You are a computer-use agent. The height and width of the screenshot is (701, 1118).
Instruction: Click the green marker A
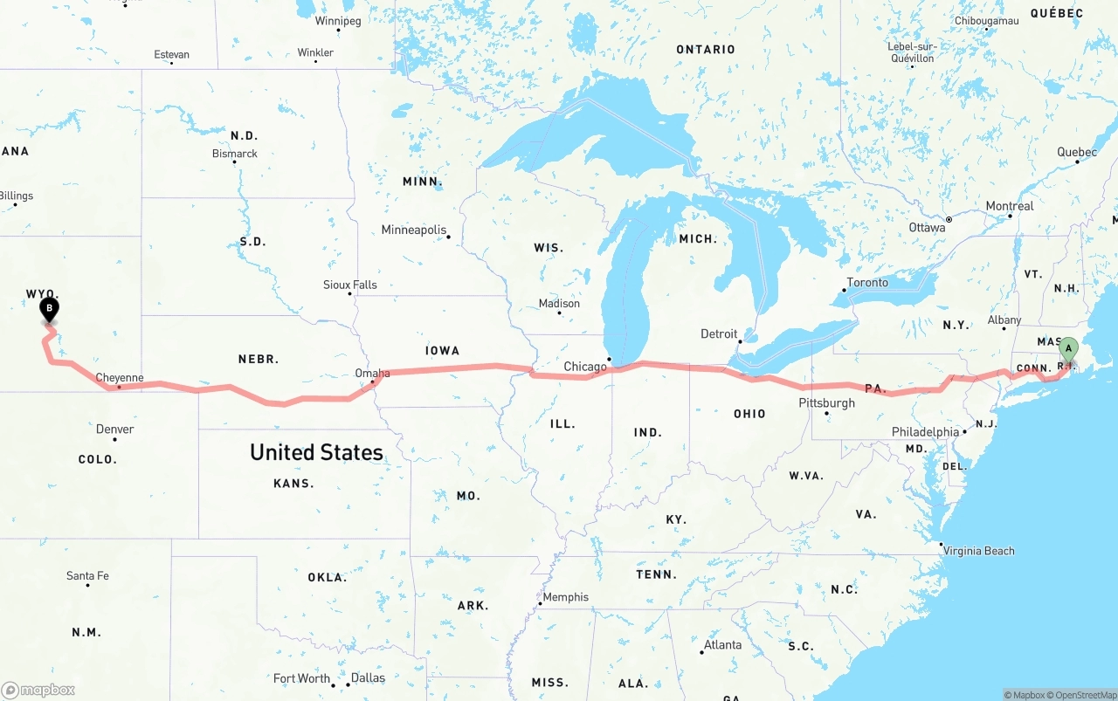coord(1067,349)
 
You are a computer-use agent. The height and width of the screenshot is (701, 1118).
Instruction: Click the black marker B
coord(50,309)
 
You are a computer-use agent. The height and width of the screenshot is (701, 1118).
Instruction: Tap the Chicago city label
coord(584,367)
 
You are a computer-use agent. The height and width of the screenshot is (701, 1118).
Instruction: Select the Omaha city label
coord(372,374)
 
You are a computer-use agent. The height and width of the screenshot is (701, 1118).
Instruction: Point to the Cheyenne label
coord(119,378)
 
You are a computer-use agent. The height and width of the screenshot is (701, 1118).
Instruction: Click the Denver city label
coord(114,430)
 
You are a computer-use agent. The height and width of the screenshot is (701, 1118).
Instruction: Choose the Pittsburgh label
coord(826,403)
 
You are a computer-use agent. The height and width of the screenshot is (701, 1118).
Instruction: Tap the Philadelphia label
coord(925,432)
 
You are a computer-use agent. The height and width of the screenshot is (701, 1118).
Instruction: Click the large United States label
coord(316,452)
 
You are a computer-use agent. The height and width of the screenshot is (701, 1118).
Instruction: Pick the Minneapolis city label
coord(414,230)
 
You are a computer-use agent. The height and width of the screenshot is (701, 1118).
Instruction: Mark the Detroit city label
coord(719,334)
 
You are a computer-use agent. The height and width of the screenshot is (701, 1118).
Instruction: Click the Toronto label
coord(867,283)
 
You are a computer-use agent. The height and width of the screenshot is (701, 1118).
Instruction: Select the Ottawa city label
coord(927,228)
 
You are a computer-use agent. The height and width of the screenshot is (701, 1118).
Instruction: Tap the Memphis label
coord(566,598)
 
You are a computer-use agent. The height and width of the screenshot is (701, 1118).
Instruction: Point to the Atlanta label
coord(722,645)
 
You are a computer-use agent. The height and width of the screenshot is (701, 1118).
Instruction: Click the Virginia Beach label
coord(978,551)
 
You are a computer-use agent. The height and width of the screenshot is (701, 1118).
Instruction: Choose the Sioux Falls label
coord(349,285)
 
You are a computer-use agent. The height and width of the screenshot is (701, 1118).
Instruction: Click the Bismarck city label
coord(235,154)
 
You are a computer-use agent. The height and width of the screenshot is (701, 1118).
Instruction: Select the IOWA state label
coord(442,351)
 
